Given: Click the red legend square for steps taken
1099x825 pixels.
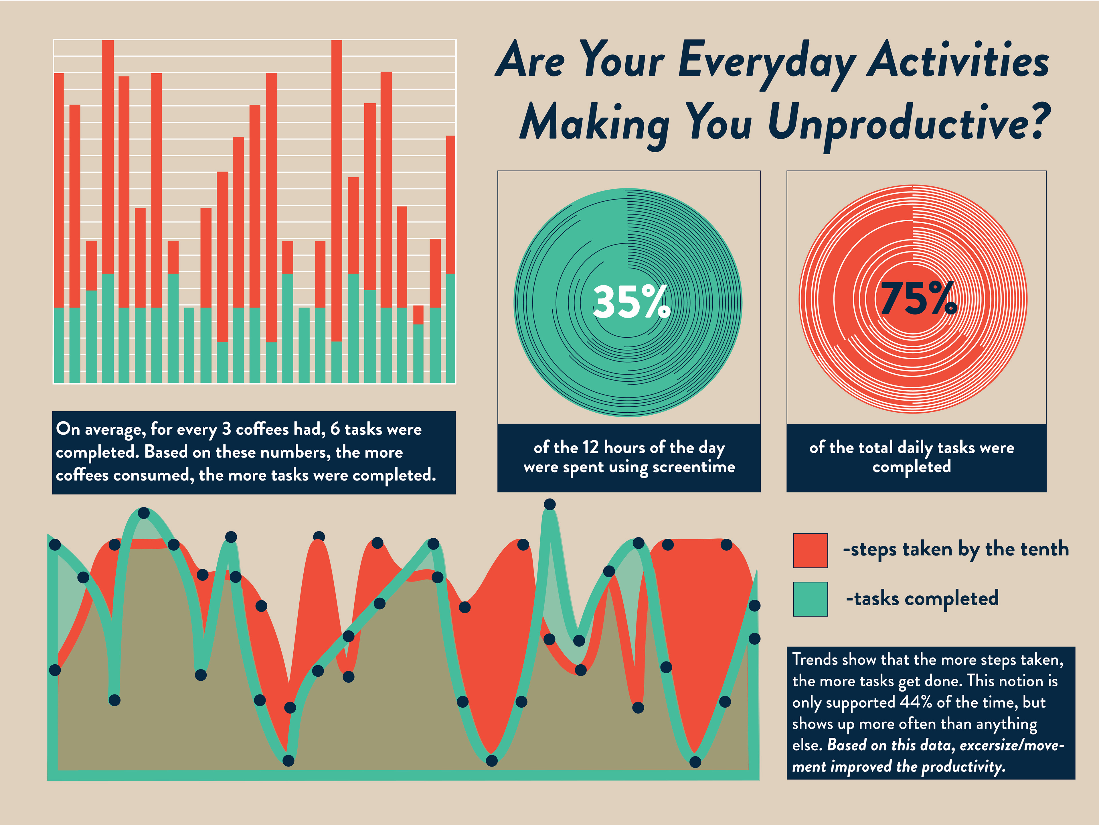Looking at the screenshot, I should [810, 550].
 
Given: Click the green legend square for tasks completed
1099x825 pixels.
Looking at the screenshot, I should [810, 599].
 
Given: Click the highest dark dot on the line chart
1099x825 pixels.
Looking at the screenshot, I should [549, 505].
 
